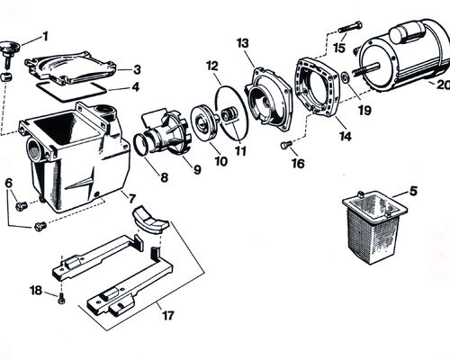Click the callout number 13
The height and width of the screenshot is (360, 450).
coord(243,43)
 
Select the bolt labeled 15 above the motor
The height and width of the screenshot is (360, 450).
coord(350,28)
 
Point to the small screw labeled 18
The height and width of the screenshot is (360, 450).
coord(61,299)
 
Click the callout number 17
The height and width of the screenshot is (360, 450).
coord(168,315)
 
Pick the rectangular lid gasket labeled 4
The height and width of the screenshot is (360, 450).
coord(71,91)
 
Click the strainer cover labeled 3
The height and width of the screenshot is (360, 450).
coord(71,68)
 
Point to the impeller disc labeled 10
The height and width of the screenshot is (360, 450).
coord(203,121)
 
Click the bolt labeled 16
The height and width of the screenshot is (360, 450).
coord(285,145)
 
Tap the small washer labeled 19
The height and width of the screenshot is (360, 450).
coord(346,78)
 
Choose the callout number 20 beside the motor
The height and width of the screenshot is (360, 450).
coord(444,85)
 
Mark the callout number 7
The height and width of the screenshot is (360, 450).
coord(132,198)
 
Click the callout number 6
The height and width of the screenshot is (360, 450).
coord(9,183)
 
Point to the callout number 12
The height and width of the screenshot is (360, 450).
coord(212,66)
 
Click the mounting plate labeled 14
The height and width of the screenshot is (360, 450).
coord(319,86)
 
